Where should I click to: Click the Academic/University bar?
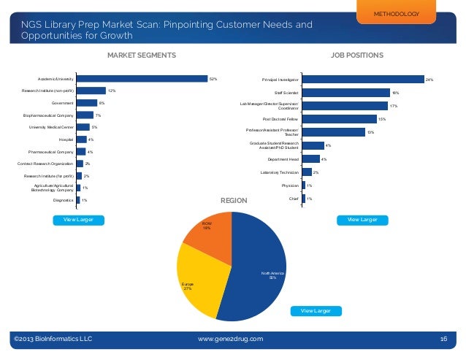(142, 78)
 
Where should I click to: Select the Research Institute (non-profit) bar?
(91, 91)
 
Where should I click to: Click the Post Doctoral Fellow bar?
(339, 118)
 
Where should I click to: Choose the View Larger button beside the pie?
(316, 311)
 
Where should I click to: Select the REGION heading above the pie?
(234, 201)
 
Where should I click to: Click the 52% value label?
(213, 79)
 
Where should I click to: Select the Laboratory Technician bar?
(307, 172)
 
